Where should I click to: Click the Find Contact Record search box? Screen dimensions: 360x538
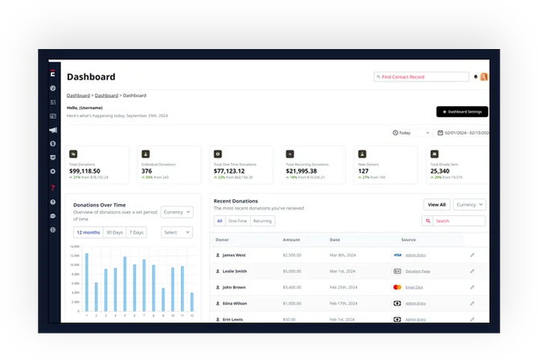(421, 77)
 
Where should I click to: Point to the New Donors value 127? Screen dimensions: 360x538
(363, 170)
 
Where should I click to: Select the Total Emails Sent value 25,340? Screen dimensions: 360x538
(440, 170)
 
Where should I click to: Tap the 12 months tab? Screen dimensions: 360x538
(88, 232)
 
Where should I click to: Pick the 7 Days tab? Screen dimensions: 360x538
(137, 232)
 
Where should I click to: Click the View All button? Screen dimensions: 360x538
(437, 205)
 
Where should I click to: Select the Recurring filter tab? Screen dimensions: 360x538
(262, 220)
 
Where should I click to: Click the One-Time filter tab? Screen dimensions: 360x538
(237, 220)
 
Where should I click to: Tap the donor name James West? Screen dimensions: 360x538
(234, 255)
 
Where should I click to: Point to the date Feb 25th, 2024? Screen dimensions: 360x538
(343, 287)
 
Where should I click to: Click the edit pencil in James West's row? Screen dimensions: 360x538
(473, 255)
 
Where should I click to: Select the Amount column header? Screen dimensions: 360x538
(291, 239)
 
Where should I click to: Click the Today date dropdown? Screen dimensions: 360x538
(412, 133)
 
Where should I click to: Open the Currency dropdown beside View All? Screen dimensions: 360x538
(470, 205)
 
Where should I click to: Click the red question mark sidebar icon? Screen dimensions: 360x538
(53, 187)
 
